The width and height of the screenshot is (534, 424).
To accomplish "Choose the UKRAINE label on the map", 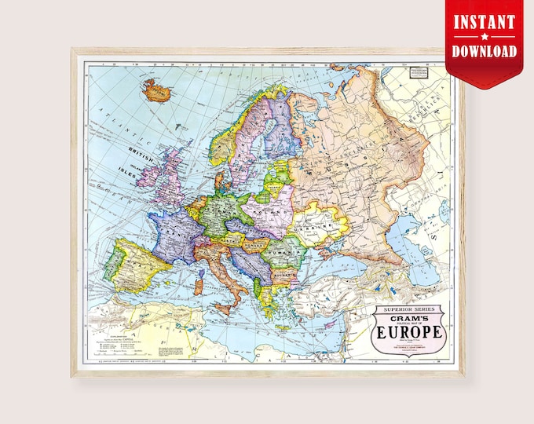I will point(327,226).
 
